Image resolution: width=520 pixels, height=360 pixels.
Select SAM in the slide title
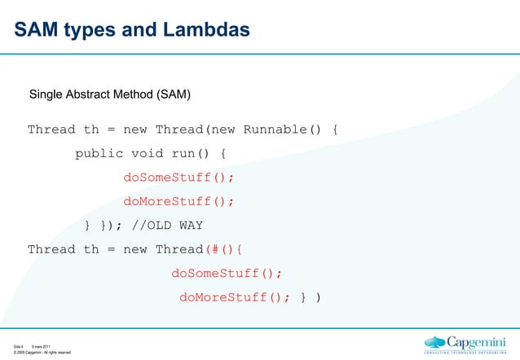click(37, 30)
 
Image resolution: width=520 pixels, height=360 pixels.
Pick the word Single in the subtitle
click(48, 94)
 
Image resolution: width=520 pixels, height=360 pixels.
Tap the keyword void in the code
click(148, 154)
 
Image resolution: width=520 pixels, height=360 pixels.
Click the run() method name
click(192, 154)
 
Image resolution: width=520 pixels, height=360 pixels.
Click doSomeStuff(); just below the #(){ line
click(227, 274)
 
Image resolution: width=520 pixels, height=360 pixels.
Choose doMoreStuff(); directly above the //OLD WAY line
click(178, 202)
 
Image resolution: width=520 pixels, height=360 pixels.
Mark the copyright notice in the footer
click(42, 353)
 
